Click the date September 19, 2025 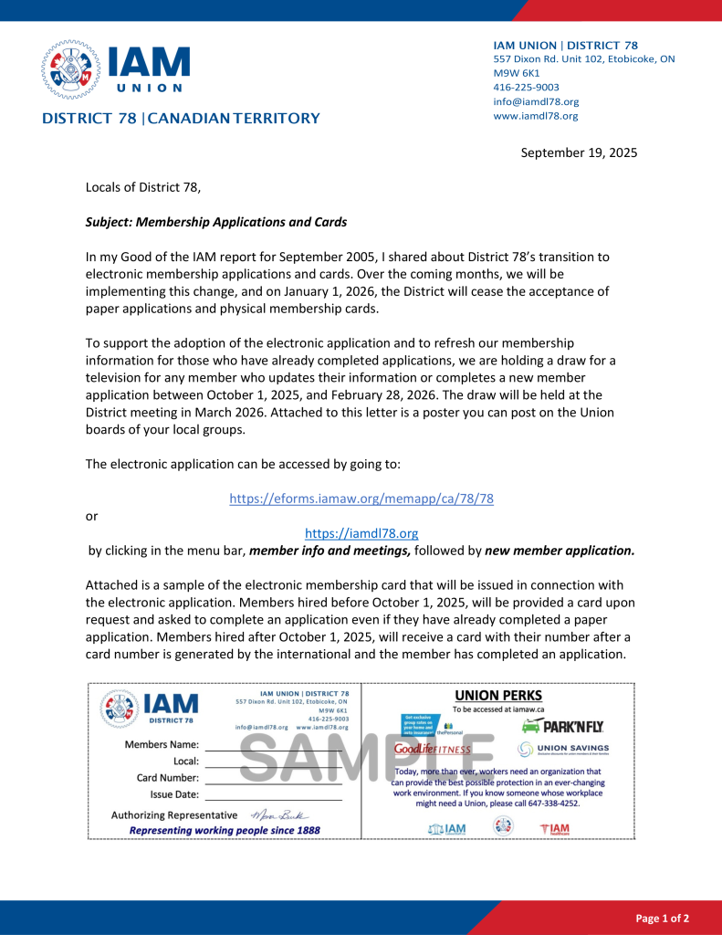pos(579,152)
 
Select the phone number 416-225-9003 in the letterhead pos(527,87)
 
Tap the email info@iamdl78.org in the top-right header pos(536,101)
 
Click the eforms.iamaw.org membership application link pos(361,499)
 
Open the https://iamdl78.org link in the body pos(361,533)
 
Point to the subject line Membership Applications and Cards pos(216,222)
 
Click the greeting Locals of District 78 pos(142,187)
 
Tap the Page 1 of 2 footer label pos(662,918)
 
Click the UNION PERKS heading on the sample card pos(498,696)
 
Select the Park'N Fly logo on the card pos(562,727)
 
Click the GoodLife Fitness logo pos(433,749)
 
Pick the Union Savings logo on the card pos(563,749)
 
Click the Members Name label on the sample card pos(162,744)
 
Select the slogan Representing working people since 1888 pos(225,830)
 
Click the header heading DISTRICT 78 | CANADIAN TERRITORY pos(181,118)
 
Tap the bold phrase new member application pos(560,551)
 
